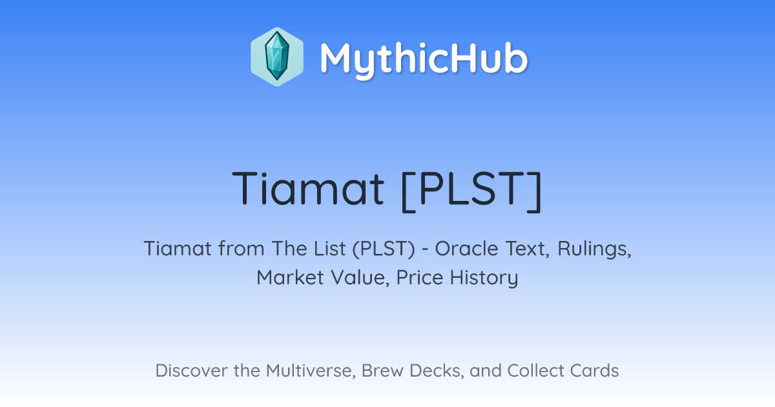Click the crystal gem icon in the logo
point(277,57)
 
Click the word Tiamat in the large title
point(308,188)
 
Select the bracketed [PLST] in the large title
point(471,191)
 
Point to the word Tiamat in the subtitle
point(178,249)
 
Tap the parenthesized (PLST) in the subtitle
point(384,249)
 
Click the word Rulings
point(594,250)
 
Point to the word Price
point(420,278)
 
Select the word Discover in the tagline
point(191,371)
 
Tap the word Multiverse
point(311,371)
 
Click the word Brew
point(382,371)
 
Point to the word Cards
point(594,371)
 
